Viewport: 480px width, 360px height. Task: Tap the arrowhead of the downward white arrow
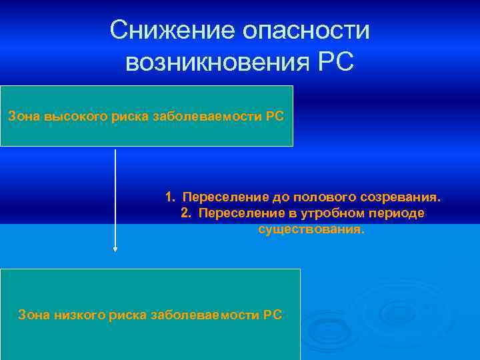coord(115,249)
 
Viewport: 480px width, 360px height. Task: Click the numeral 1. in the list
coord(171,198)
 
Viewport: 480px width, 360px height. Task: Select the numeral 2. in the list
coord(185,213)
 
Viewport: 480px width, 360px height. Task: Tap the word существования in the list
coord(312,229)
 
